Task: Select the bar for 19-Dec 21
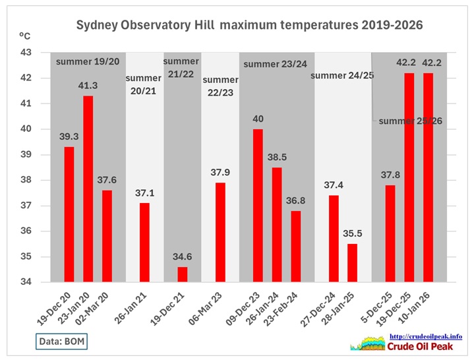pos(182,274)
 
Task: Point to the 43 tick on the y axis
pos(29,52)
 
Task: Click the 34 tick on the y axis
pos(29,282)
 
